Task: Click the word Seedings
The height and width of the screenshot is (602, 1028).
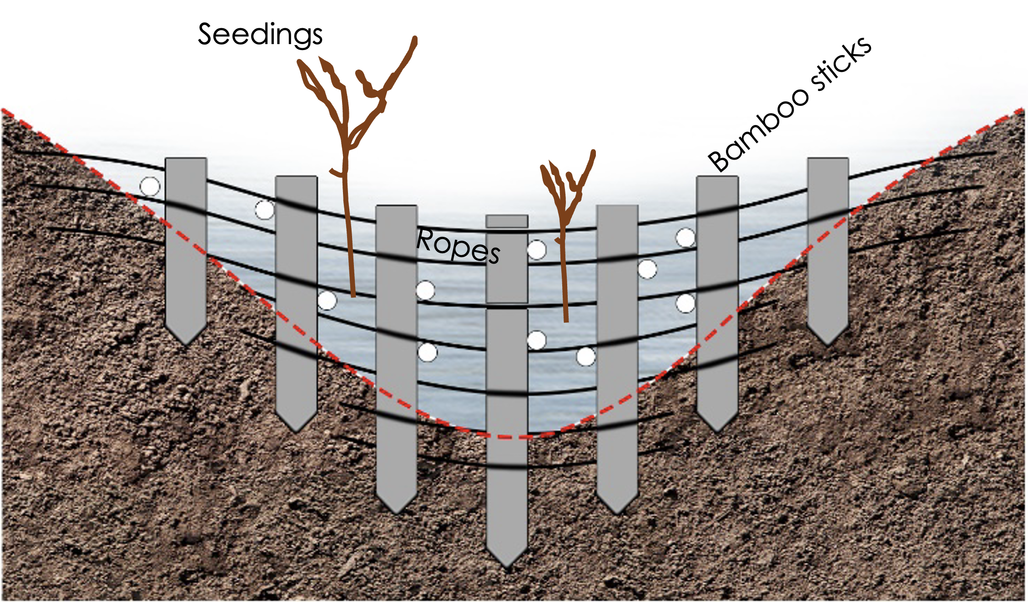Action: tap(260, 35)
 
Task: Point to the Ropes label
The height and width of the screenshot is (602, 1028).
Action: tap(458, 247)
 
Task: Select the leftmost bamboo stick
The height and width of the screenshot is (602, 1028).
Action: tap(186, 246)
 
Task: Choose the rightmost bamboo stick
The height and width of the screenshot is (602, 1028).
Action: tap(828, 246)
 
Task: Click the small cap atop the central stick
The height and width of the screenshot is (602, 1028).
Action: tap(507, 221)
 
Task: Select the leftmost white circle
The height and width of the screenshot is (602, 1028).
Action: tap(150, 186)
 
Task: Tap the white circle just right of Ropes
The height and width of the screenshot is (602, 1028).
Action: tap(537, 250)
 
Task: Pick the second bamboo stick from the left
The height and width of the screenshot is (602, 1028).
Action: tap(296, 300)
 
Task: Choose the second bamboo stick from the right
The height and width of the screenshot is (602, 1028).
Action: tap(717, 300)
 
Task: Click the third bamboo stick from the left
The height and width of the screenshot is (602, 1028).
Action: tap(396, 355)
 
